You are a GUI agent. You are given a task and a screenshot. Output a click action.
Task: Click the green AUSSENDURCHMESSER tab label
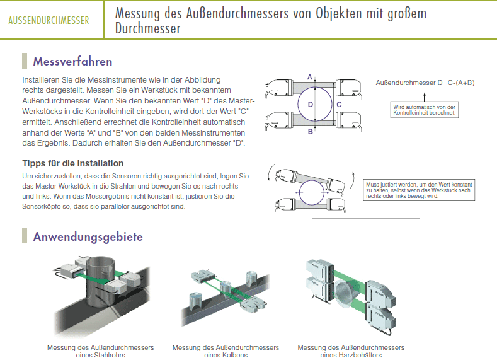tap(49, 20)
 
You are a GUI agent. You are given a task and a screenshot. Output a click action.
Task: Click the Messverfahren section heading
tap(72, 61)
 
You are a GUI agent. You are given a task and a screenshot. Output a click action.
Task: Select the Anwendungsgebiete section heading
tap(88, 236)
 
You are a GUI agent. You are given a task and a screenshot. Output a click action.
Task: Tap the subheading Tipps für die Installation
tap(73, 163)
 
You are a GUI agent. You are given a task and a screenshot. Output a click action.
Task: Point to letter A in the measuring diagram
tap(310, 77)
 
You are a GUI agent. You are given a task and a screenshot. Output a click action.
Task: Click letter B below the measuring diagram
tap(311, 131)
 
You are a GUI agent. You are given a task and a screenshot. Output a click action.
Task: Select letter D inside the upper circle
tap(311, 105)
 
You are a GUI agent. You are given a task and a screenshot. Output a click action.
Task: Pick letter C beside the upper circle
tap(339, 105)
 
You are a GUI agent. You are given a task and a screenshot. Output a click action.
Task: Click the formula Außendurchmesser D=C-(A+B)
tap(425, 83)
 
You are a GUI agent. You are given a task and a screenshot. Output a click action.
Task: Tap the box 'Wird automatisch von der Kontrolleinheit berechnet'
tap(425, 110)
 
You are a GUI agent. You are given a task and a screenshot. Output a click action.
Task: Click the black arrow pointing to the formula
tap(425, 96)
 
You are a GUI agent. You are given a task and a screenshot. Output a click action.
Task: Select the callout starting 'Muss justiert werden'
tap(419, 190)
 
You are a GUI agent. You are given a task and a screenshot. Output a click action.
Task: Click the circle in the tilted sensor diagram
tap(312, 192)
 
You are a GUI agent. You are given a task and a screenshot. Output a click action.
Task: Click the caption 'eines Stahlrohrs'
tap(101, 355)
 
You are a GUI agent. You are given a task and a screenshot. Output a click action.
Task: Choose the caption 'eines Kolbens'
tap(226, 355)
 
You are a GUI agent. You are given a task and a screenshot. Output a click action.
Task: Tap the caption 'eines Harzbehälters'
tap(351, 355)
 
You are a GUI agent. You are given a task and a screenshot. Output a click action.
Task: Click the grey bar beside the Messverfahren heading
tap(25, 61)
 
